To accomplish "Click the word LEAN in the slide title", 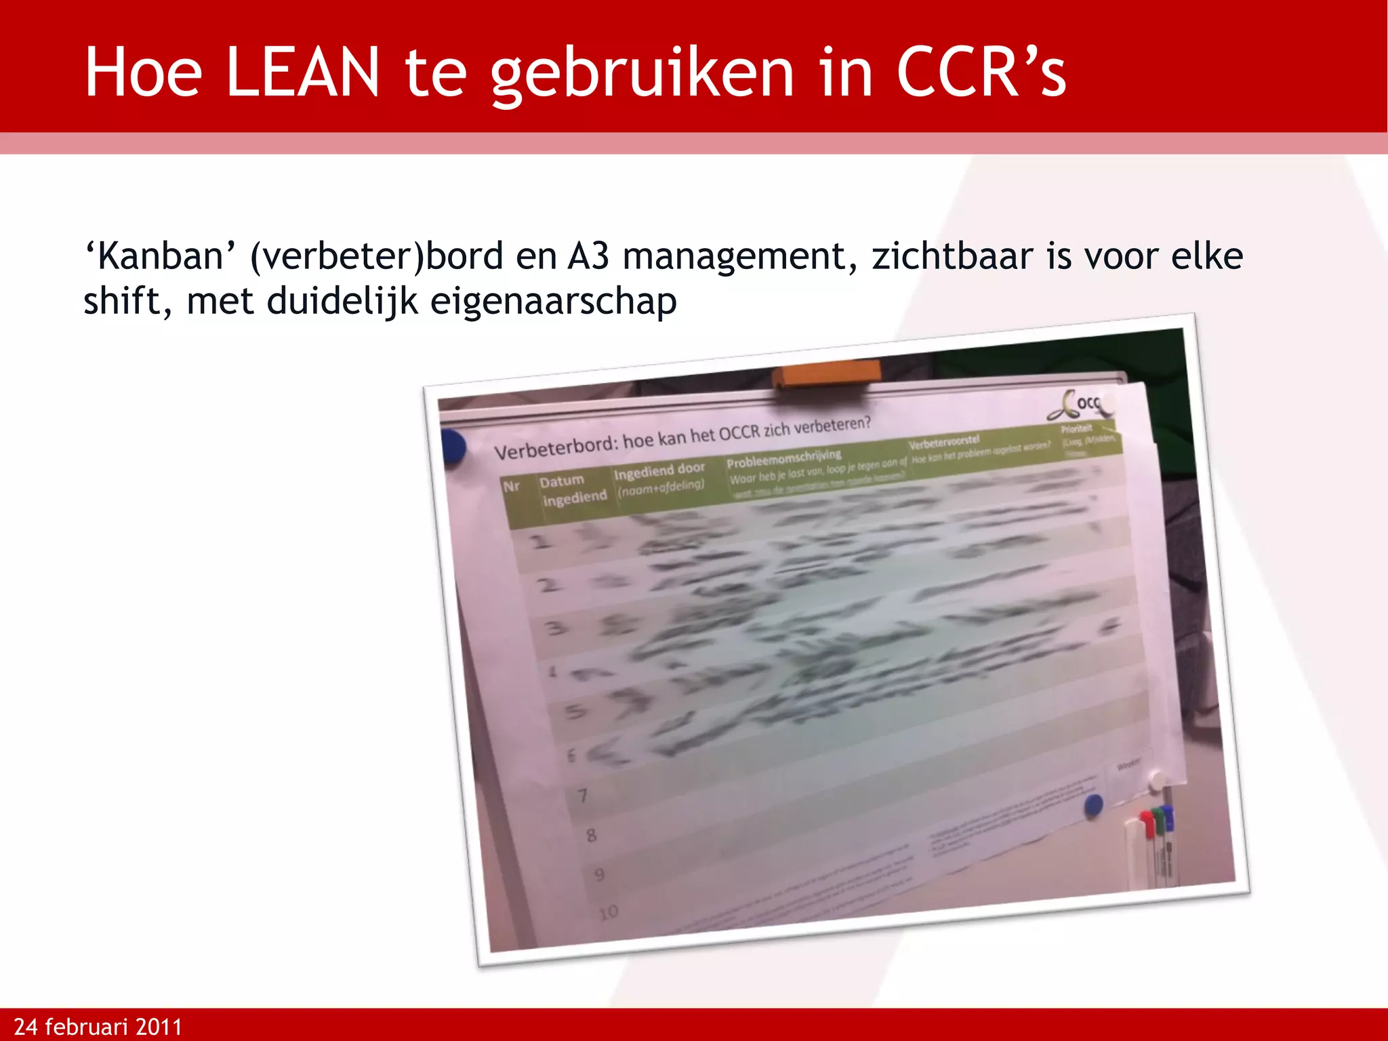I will point(302,73).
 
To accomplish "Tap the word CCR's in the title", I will point(981,73).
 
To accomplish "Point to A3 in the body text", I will point(588,257).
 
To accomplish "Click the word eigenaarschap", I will point(553,302).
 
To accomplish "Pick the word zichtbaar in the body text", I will point(952,257).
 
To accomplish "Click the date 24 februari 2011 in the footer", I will point(98,1027).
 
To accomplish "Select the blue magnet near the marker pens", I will point(1093,805).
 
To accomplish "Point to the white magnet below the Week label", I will point(1158,781).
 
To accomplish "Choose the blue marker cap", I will point(1167,813).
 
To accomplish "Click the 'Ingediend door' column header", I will point(659,471).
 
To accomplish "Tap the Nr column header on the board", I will point(512,487).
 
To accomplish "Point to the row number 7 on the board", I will point(582,795).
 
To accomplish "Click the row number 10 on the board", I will point(609,912).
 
